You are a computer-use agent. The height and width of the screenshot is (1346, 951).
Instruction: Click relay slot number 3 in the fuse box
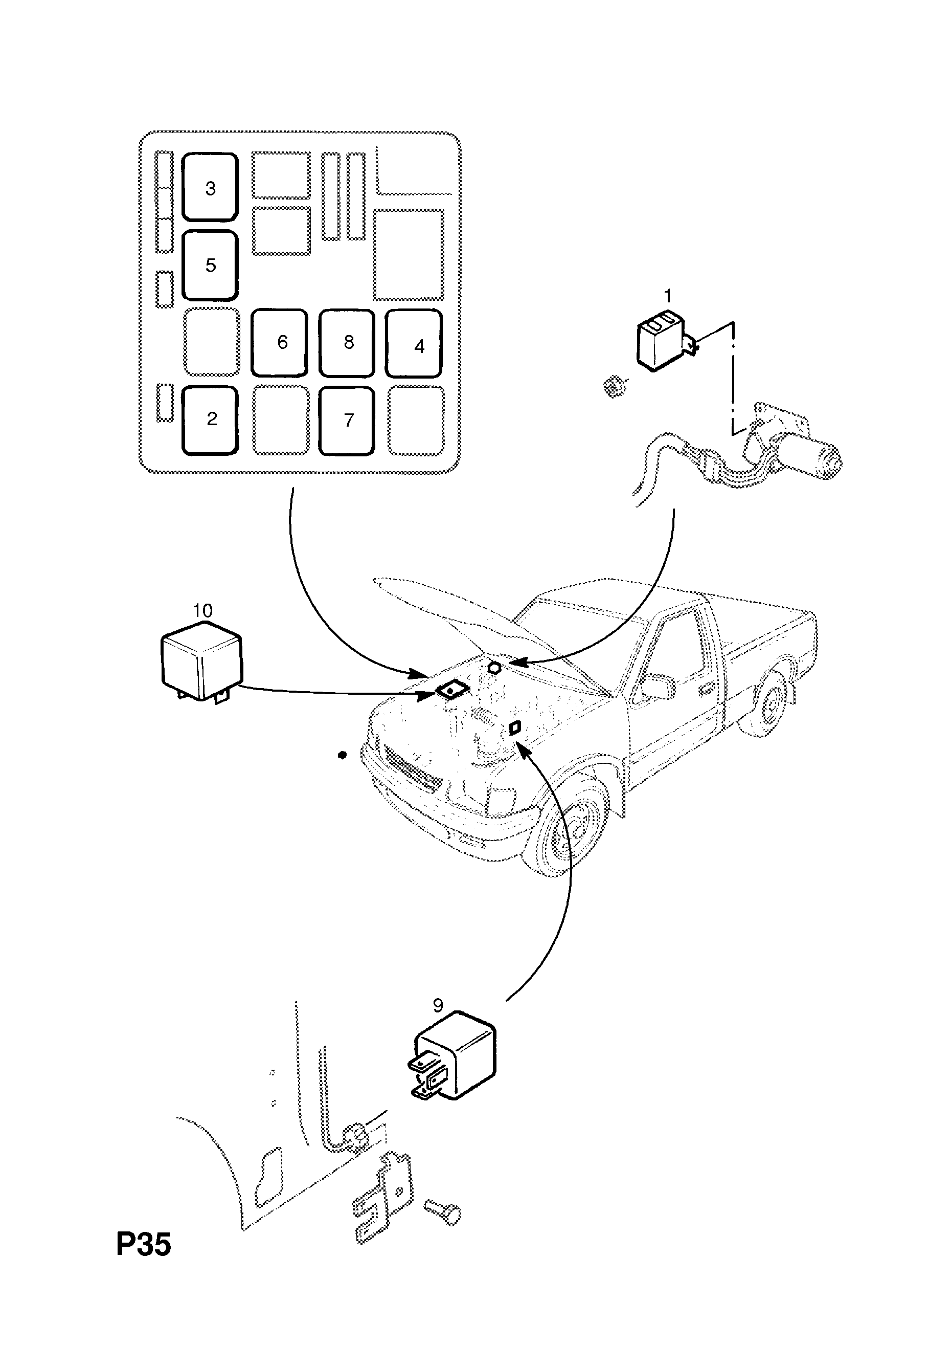point(210,187)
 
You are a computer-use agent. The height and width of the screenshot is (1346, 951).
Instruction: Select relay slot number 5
point(210,265)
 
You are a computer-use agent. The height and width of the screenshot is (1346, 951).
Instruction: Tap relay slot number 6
point(280,342)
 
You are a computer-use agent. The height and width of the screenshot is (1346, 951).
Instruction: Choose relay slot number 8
point(347,342)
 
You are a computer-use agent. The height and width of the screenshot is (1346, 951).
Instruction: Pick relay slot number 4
point(414,344)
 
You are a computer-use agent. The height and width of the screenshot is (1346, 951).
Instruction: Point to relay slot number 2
point(210,420)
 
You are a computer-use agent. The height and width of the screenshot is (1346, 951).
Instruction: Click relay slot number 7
point(347,420)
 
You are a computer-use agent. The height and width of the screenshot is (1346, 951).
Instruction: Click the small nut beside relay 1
point(613,387)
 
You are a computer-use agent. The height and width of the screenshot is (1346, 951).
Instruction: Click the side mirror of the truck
point(658,686)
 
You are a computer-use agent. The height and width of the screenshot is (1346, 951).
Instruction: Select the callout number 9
point(438,1005)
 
